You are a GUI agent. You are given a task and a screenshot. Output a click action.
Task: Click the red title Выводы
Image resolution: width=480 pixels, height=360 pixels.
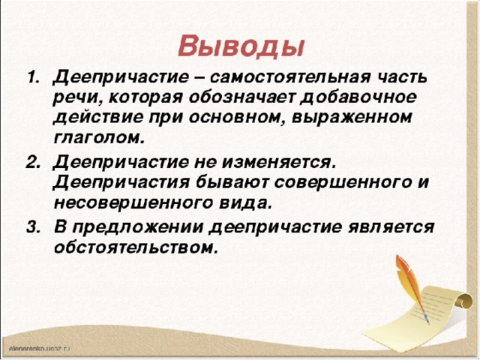point(241,46)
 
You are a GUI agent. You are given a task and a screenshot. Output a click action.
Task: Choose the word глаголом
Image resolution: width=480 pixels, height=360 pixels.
point(98,139)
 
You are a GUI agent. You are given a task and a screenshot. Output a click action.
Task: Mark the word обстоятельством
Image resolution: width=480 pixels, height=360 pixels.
point(136,247)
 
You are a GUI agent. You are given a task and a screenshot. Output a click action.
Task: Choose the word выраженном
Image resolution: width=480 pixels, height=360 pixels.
point(352,118)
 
